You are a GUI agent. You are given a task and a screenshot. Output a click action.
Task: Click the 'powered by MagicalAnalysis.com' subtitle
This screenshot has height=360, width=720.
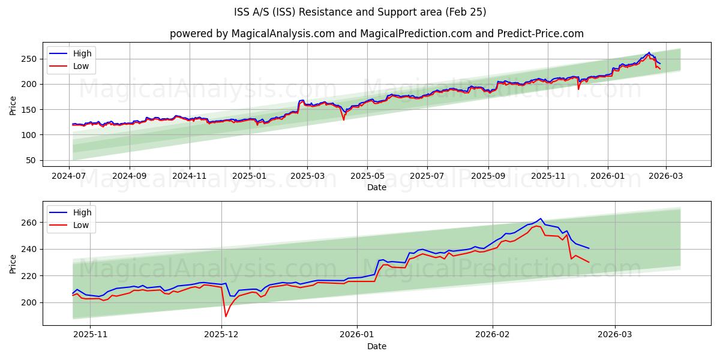[376, 34]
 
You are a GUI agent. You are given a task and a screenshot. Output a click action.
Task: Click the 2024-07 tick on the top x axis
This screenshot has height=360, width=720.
[69, 176]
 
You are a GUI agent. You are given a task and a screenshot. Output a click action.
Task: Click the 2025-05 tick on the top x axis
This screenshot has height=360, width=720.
[367, 176]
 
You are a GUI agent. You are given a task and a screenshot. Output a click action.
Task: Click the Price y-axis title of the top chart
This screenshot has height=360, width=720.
[13, 106]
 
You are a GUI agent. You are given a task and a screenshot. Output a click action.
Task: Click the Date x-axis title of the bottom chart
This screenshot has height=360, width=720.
[376, 346]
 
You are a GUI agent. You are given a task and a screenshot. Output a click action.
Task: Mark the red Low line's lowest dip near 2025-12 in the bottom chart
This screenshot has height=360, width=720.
[226, 316]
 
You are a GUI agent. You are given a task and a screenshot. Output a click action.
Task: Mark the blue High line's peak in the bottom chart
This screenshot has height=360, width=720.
[540, 218]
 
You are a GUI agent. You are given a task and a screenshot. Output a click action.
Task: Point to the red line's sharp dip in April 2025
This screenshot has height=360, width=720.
[344, 119]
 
